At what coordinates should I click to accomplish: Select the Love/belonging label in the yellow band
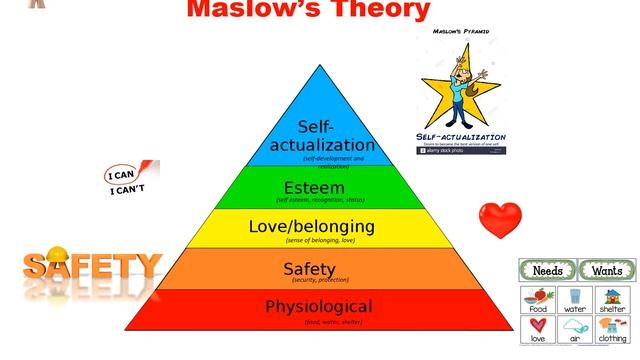[x=311, y=226]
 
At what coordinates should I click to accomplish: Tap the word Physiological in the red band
[x=318, y=306]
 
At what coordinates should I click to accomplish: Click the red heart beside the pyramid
[x=500, y=217]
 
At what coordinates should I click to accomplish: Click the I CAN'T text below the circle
[x=127, y=190]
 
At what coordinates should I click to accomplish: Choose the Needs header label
[x=547, y=270]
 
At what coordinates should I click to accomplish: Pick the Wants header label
[x=607, y=270]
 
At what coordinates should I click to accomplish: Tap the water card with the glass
[x=576, y=299]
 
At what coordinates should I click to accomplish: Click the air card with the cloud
[x=576, y=329]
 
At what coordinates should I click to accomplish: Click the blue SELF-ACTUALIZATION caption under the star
[x=461, y=136]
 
